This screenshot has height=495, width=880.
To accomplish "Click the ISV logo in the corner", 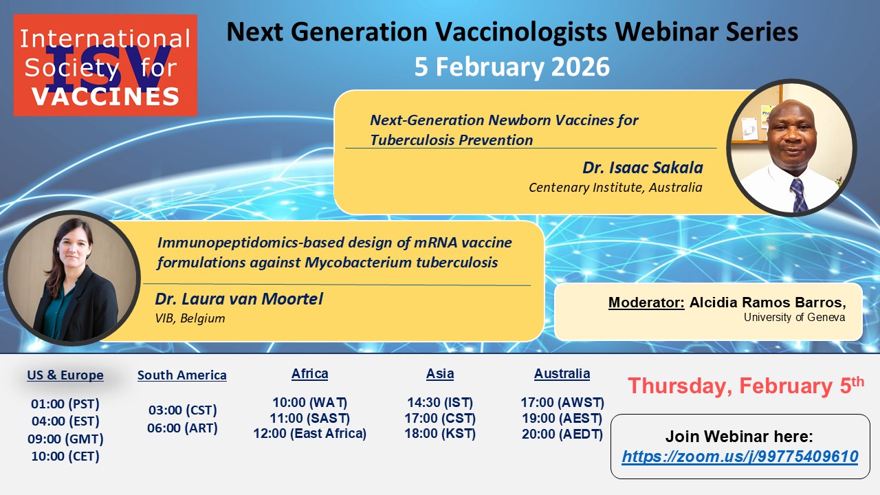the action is (x=105, y=65).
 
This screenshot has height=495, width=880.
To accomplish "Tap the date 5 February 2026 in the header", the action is (x=512, y=67).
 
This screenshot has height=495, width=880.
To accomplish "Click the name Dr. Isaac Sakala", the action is (x=643, y=168).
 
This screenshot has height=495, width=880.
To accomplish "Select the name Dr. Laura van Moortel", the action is (x=239, y=299).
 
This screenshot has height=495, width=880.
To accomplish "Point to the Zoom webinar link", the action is (x=740, y=456).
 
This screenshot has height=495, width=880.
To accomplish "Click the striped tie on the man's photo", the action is (x=799, y=195).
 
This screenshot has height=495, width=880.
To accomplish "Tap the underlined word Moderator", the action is (x=646, y=302).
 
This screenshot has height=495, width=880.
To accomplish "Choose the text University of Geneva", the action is (x=794, y=318).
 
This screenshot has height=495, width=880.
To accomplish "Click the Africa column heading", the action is (x=309, y=373).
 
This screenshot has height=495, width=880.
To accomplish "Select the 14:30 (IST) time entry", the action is (x=440, y=403).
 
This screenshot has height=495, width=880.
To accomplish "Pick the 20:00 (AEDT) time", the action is (x=562, y=434).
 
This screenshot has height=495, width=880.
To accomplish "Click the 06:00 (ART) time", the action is (x=182, y=428).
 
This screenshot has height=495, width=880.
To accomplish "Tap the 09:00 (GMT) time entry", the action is (x=65, y=439).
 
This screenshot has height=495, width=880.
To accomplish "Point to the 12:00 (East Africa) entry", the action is (x=309, y=433).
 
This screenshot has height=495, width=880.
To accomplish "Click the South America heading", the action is (x=182, y=375).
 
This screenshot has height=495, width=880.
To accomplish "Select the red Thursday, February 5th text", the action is (x=746, y=386).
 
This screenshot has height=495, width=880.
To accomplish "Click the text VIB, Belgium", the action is (x=190, y=318).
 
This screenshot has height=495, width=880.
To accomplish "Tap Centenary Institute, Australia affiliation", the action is (x=615, y=188).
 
